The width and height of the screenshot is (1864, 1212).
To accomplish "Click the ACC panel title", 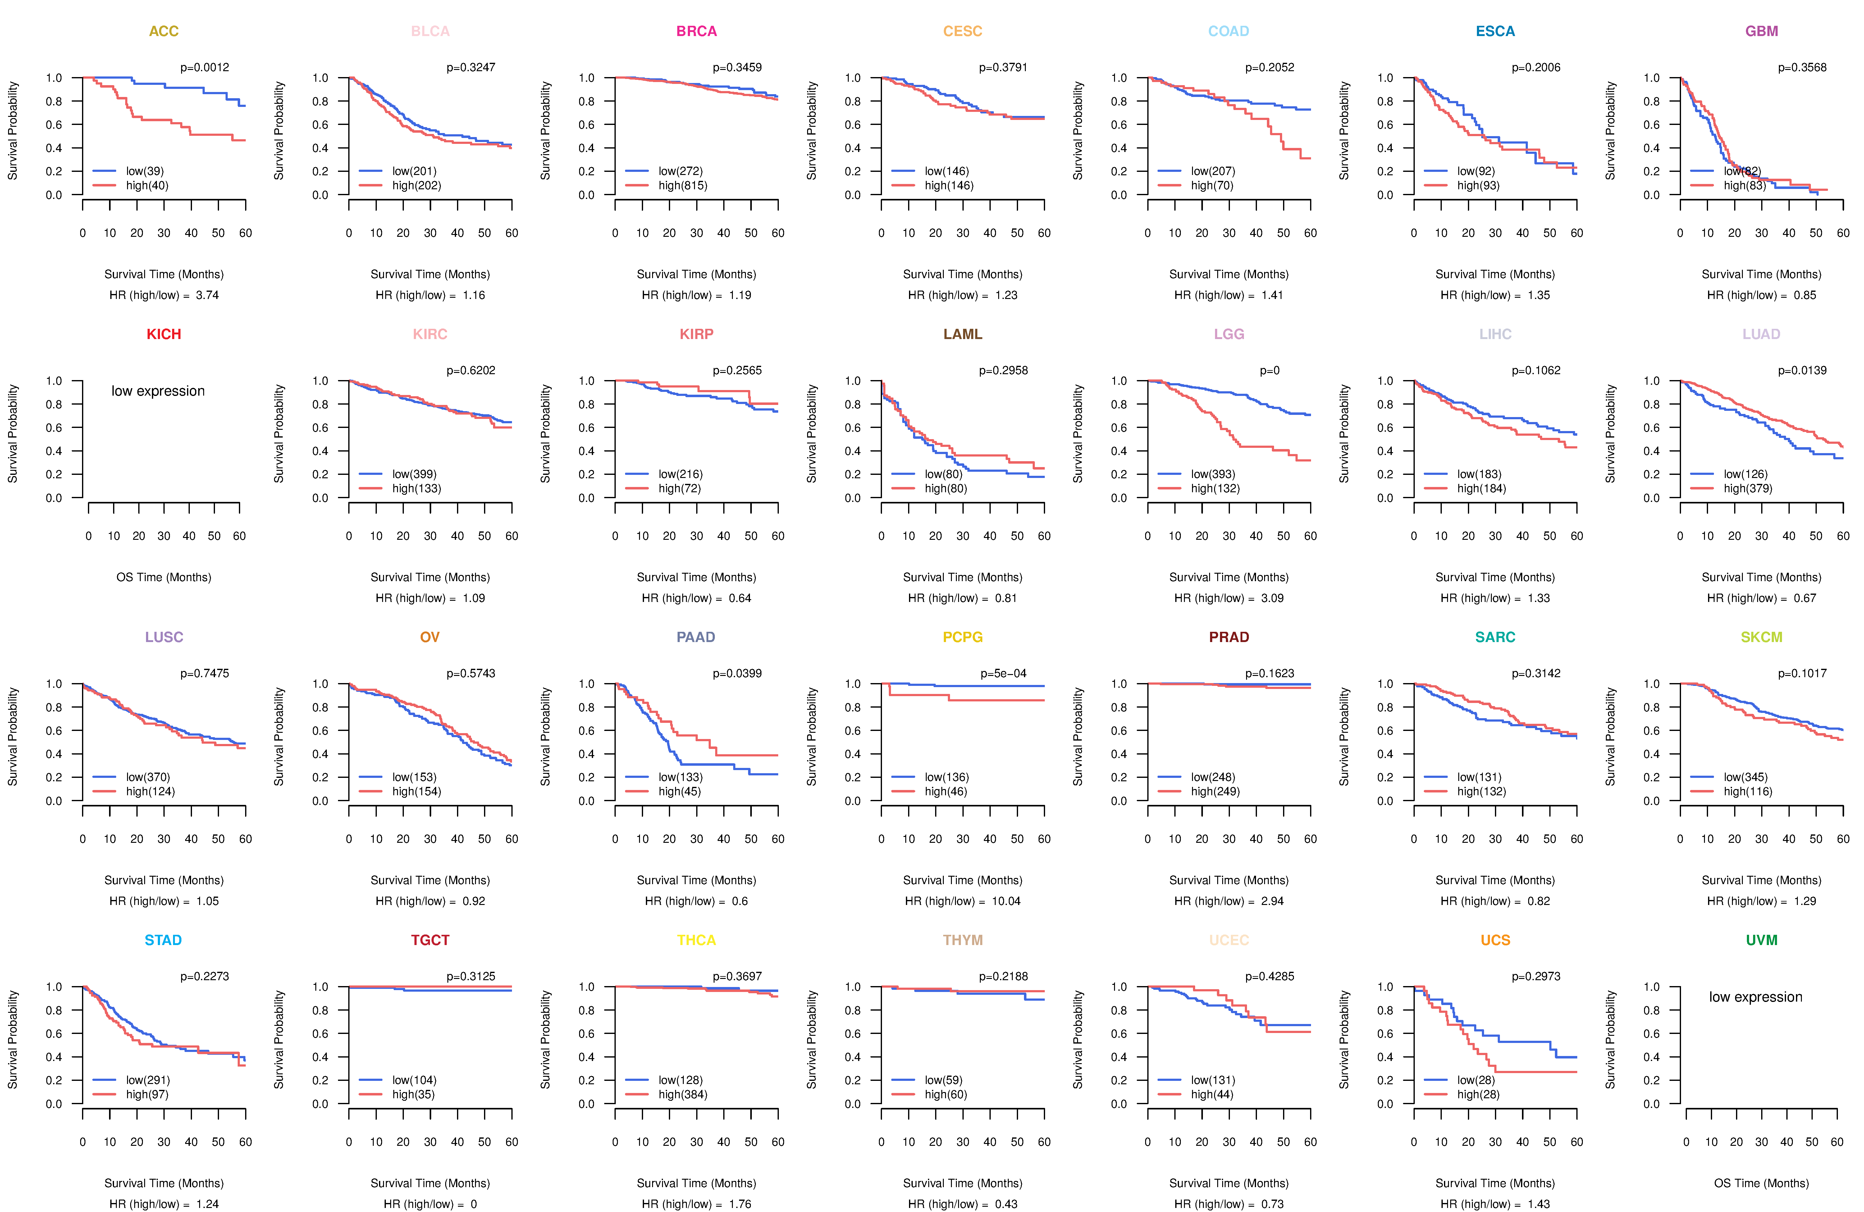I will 164,31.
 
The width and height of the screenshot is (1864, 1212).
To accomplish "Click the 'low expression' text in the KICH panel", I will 158,391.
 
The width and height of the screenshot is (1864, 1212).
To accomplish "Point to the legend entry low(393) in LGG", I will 1213,474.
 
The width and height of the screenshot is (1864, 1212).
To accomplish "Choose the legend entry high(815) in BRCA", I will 682,186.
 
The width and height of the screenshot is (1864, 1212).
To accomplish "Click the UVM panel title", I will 1761,940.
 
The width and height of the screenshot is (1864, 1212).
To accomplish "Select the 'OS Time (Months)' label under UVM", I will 1761,1183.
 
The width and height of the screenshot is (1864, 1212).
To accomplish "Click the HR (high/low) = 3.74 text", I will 164,295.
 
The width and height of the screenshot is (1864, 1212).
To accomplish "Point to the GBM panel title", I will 1761,31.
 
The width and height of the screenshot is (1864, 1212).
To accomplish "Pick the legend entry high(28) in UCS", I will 1478,1095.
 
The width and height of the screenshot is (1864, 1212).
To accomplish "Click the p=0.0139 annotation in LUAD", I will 1802,370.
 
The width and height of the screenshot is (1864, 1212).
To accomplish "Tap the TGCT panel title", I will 430,940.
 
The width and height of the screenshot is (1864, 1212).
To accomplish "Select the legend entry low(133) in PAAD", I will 680,777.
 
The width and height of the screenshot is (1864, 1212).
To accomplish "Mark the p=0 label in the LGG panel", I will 1270,370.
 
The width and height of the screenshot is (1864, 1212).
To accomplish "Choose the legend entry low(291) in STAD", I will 147,1080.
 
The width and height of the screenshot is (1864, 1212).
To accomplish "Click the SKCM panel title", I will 1761,637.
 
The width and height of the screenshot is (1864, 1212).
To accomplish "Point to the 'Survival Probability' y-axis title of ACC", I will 12,131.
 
